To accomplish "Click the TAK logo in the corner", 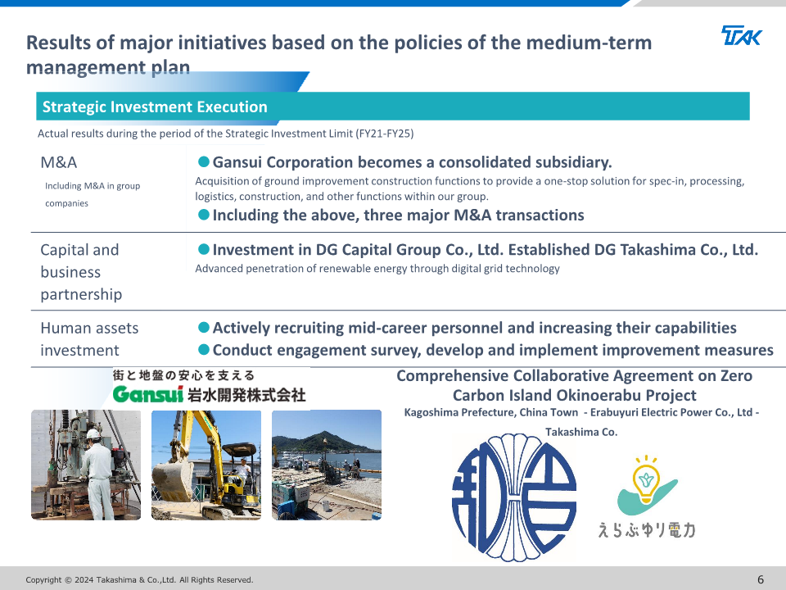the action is click(x=742, y=35).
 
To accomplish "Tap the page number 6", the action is click(x=761, y=579).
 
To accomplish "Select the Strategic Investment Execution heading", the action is click(x=155, y=107).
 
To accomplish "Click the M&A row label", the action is click(x=59, y=162).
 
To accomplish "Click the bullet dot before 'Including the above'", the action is click(x=204, y=215).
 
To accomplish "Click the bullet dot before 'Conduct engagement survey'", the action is click(x=204, y=349).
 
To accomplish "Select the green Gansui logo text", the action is click(x=148, y=394).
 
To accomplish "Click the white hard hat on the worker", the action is click(x=93, y=433).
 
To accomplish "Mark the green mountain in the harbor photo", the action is click(x=323, y=442).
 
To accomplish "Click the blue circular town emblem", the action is click(x=514, y=497).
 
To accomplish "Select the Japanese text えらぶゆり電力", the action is click(x=647, y=530).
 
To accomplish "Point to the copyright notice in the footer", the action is click(x=139, y=580).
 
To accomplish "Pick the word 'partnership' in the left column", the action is click(x=81, y=294).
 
